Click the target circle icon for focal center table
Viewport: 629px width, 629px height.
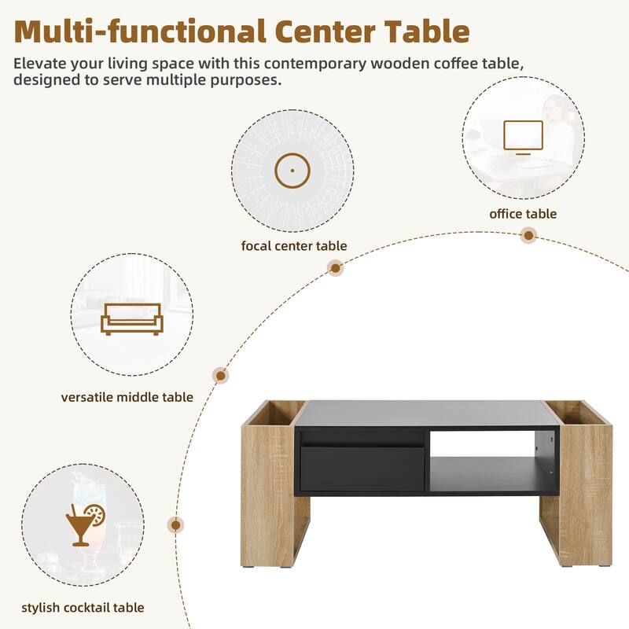point(292,170)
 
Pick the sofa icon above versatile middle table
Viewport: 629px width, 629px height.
point(131,318)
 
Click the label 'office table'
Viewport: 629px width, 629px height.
point(523,214)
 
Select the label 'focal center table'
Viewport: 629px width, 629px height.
point(293,246)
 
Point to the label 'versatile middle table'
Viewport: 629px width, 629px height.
point(127,397)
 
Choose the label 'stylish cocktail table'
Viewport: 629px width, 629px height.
point(83,607)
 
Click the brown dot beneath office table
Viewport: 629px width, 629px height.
point(529,235)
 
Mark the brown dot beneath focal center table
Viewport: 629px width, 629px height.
point(336,268)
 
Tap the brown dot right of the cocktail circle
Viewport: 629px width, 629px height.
point(176,525)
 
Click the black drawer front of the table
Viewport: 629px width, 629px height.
point(362,468)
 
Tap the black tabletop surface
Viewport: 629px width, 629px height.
point(421,414)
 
